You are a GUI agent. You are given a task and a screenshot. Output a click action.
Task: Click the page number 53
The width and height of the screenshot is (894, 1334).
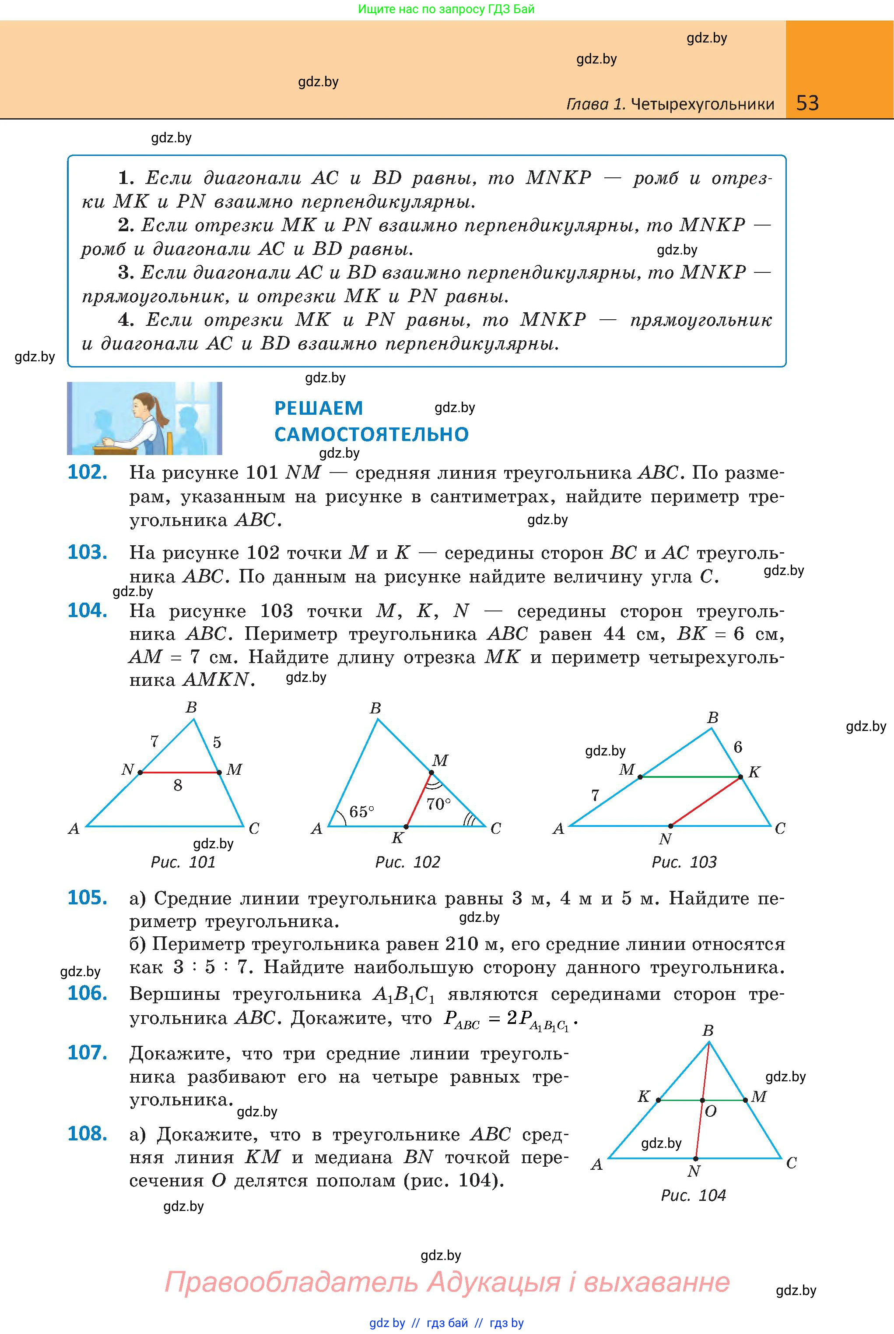click(x=807, y=103)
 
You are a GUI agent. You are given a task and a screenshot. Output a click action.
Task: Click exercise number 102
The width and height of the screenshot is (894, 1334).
click(x=87, y=473)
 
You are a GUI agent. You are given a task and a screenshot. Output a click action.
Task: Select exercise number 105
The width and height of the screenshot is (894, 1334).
click(x=87, y=897)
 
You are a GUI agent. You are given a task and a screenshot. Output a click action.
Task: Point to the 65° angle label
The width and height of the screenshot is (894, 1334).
click(x=361, y=812)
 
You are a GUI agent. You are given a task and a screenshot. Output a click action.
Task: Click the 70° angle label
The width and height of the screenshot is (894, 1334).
click(x=438, y=804)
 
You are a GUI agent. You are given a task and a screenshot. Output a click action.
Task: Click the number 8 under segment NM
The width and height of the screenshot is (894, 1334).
click(x=178, y=786)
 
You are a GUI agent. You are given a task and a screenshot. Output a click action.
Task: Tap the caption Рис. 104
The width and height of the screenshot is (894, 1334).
click(x=693, y=1195)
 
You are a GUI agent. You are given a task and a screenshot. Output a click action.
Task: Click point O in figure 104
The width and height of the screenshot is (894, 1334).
click(x=702, y=1100)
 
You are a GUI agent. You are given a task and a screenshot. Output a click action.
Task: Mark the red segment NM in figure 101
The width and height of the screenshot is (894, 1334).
click(x=179, y=773)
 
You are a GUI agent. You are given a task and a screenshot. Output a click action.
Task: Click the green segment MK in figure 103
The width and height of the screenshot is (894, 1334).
click(x=690, y=776)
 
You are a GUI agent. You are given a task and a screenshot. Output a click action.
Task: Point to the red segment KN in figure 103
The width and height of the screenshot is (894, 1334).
click(x=705, y=801)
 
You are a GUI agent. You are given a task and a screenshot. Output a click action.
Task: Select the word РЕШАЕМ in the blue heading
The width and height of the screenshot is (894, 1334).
click(x=318, y=408)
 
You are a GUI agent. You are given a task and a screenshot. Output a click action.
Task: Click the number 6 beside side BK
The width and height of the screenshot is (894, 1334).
click(x=738, y=747)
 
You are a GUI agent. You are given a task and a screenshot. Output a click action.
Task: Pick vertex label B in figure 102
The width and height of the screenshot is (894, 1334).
click(x=375, y=708)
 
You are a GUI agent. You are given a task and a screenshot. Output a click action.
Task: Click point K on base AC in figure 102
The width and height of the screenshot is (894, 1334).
click(x=406, y=826)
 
